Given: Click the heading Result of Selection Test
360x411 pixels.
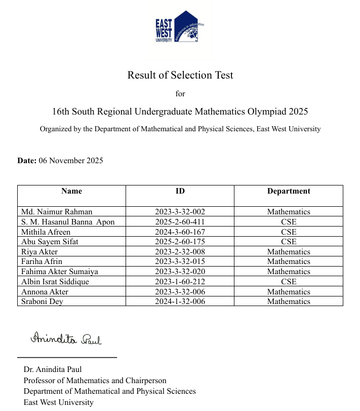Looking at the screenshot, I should tap(180, 75).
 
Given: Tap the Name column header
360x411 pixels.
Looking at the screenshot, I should tap(71, 191).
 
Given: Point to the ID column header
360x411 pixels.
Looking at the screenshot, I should tap(180, 191).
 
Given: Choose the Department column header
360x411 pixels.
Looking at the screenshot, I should tap(289, 191).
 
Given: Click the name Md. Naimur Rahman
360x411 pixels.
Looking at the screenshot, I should tap(57, 212).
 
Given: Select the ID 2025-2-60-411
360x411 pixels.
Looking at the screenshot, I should tap(180, 222).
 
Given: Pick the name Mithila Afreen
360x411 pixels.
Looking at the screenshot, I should tap(46, 232).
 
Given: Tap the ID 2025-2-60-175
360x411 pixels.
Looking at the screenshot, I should tap(180, 242).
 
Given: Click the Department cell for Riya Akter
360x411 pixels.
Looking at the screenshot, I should tap(289, 252).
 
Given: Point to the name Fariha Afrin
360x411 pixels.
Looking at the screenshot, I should tap(42, 261).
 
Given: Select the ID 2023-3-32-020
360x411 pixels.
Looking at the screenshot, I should tap(180, 272).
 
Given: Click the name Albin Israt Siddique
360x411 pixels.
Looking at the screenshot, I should tap(55, 282).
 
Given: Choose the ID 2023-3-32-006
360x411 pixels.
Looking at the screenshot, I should tap(180, 292).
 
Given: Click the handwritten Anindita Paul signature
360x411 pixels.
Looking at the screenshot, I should tap(66, 339).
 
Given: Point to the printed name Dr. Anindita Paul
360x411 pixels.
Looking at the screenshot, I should tap(53, 369).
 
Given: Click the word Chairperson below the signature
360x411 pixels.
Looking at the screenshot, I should tap(144, 381).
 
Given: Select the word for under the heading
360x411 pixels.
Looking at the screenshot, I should tap(180, 94).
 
